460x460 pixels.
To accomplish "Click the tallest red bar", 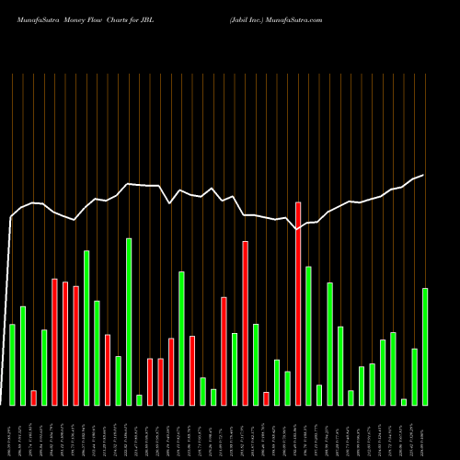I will coord(297,304).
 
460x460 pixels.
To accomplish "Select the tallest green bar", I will coord(129,321).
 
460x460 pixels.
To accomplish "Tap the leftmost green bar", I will coord(12,364).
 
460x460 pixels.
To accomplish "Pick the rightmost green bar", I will coord(425,346).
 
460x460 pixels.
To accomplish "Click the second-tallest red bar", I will coord(245,323).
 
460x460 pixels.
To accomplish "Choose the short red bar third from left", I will coord(33,397).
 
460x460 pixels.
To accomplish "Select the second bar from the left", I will coord(23,355).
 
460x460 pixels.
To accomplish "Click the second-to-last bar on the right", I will coord(414,376).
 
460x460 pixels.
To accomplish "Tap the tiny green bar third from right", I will coord(404,401).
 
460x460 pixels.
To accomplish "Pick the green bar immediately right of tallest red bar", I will coord(308,336).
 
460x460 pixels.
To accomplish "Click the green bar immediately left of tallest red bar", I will coord(287,387).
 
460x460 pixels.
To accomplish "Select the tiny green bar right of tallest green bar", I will coord(139,399).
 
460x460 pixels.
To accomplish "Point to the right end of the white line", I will coord(423,175).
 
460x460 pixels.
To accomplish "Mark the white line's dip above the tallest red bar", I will coord(297,229).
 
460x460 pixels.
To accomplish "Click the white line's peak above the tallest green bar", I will coord(129,184).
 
